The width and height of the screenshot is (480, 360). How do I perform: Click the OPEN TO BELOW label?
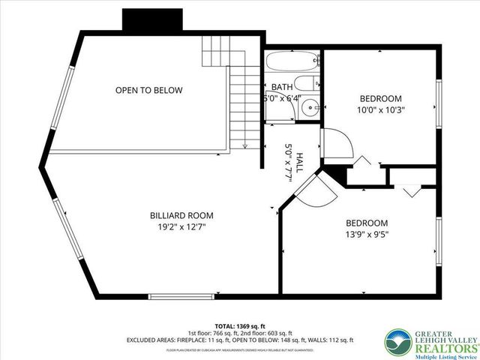pyautogui.click(x=148, y=90)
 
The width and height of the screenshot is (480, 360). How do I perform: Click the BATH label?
pyautogui.click(x=282, y=87)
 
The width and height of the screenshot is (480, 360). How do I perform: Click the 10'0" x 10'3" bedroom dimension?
pyautogui.click(x=380, y=110)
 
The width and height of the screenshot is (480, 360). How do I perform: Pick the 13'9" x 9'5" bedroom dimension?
pyautogui.click(x=366, y=235)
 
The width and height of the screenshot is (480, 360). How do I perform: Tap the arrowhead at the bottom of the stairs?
pyautogui.click(x=245, y=145)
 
